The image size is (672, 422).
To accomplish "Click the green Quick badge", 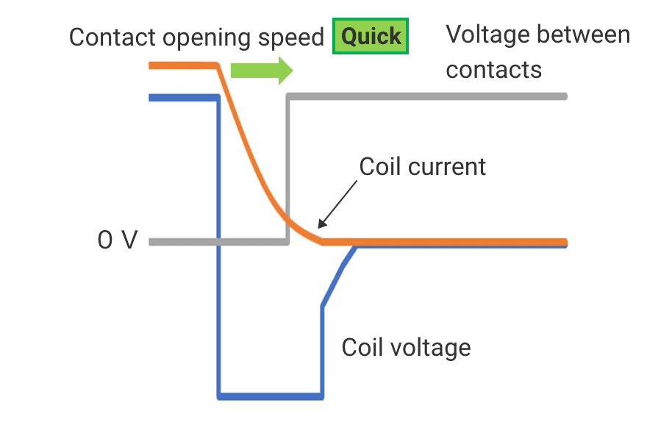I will [x=371, y=37].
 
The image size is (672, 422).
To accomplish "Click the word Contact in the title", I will [x=113, y=37].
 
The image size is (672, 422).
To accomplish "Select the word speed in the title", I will [x=292, y=37].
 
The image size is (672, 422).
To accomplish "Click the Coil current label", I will [x=422, y=167].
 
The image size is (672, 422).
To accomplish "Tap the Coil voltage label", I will [x=406, y=346].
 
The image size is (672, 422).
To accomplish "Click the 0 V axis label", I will [x=118, y=241].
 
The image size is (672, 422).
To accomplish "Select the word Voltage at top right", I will [x=488, y=34].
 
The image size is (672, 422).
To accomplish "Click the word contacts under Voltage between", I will [x=493, y=70].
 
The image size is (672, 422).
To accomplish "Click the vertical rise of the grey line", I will [x=287, y=169].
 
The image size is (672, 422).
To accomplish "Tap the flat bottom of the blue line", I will [x=270, y=396].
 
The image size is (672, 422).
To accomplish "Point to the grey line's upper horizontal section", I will [x=426, y=96].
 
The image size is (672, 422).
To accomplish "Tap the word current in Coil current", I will [x=448, y=167].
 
